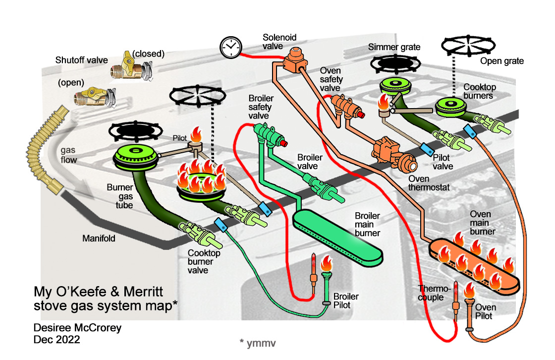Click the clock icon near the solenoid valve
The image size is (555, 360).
(x=229, y=47)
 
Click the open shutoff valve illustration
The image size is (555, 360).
(x=94, y=96)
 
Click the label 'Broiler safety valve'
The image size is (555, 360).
(x=261, y=106)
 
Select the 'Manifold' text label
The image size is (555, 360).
(x=99, y=239)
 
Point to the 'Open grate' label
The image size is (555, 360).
(x=502, y=61)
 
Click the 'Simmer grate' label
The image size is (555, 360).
(x=394, y=47)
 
